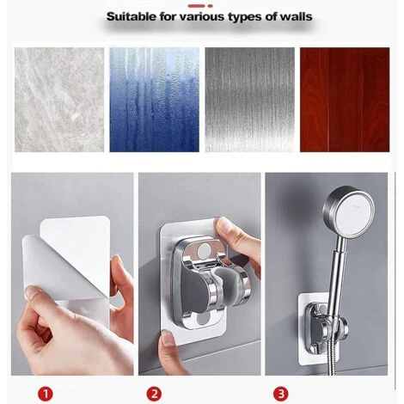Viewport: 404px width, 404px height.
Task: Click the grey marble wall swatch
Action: pyautogui.click(x=59, y=100)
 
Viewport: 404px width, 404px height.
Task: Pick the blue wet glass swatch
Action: pyautogui.click(x=155, y=100)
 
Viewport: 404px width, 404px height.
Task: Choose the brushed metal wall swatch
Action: pyautogui.click(x=250, y=100)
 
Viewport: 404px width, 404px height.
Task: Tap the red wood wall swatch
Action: pyautogui.click(x=345, y=100)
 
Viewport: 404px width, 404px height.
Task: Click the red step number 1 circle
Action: pyautogui.click(x=46, y=394)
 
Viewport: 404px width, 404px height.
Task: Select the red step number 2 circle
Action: pyautogui.click(x=154, y=394)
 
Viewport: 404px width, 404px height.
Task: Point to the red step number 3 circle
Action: pyautogui.click(x=280, y=394)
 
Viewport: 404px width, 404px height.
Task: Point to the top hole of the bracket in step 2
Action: pyautogui.click(x=204, y=251)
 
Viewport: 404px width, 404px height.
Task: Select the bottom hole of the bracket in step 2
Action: pyautogui.click(x=203, y=318)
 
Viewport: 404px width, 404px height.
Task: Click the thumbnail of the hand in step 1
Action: pyautogui.click(x=32, y=292)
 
